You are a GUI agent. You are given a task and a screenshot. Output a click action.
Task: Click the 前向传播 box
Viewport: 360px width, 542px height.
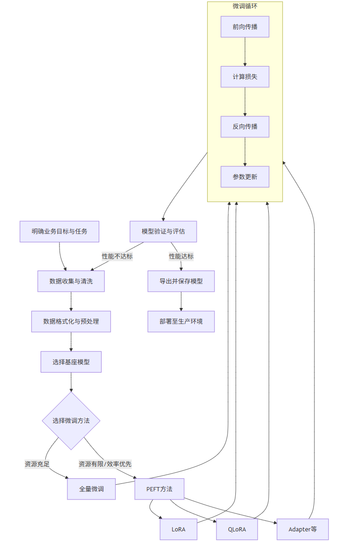(x=245, y=27)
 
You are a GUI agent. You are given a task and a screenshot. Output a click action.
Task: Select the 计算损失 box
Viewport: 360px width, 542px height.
(x=245, y=77)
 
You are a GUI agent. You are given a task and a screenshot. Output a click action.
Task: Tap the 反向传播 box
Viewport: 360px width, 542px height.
(x=245, y=126)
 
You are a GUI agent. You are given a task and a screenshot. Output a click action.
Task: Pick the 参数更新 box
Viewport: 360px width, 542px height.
(x=245, y=176)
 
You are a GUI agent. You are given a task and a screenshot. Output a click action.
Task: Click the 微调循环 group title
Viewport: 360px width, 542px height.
(x=245, y=6)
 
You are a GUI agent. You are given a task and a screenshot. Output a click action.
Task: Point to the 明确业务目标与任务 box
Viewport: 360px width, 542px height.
(x=60, y=231)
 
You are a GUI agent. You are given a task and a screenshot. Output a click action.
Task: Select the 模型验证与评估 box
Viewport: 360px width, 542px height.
(x=163, y=231)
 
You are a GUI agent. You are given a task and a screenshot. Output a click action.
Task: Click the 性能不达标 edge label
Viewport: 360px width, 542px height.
(x=117, y=256)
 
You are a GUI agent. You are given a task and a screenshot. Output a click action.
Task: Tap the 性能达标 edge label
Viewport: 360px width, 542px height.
(x=181, y=256)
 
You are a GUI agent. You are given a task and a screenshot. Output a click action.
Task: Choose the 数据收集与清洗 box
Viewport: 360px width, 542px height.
(x=71, y=281)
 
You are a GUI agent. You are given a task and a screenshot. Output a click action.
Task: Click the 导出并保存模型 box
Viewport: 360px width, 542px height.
(x=181, y=281)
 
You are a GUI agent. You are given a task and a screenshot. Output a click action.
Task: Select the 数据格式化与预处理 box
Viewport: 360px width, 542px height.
(x=71, y=321)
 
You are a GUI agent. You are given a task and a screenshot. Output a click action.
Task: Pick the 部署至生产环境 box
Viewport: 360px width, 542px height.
(x=181, y=321)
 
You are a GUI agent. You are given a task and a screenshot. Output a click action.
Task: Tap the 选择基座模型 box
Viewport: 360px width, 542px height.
(x=71, y=362)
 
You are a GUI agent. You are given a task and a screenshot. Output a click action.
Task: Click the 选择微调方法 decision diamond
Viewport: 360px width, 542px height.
(x=71, y=421)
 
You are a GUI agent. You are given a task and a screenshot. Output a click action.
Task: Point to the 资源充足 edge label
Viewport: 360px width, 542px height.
(x=37, y=464)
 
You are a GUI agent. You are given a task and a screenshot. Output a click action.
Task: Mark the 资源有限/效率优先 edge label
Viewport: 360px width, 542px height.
(x=105, y=464)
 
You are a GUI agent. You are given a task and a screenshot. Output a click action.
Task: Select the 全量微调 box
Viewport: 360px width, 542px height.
(x=91, y=489)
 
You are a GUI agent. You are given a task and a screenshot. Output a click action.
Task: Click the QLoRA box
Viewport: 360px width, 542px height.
(x=237, y=530)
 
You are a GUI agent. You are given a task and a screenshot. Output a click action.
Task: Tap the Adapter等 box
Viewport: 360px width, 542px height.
(x=303, y=530)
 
